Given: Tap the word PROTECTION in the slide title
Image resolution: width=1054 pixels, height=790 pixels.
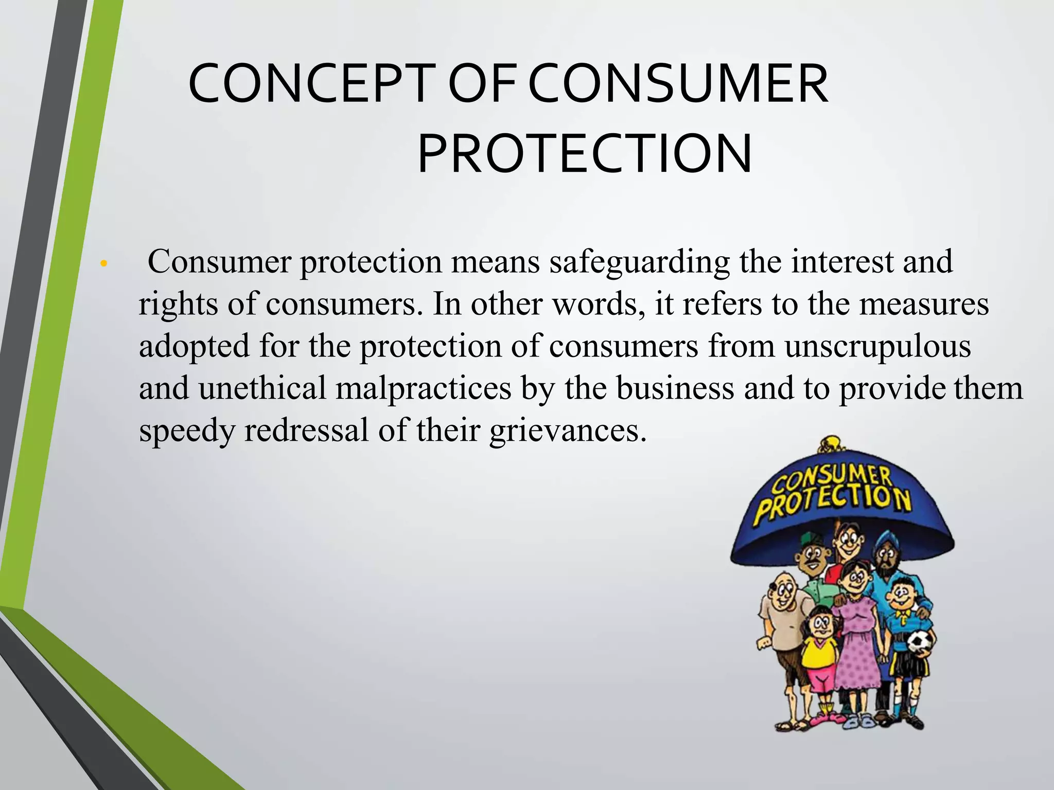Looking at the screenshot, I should [585, 154].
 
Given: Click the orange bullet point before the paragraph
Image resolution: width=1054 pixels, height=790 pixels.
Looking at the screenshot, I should [103, 264].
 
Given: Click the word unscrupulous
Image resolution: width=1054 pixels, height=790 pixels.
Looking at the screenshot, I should [878, 346].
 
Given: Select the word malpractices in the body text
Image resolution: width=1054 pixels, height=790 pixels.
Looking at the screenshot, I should [424, 388].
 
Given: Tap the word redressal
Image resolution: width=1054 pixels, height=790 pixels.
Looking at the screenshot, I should [306, 430].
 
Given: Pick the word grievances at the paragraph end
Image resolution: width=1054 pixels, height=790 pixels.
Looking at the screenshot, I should [567, 431].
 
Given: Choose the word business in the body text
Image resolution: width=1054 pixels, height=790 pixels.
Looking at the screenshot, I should [675, 388].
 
